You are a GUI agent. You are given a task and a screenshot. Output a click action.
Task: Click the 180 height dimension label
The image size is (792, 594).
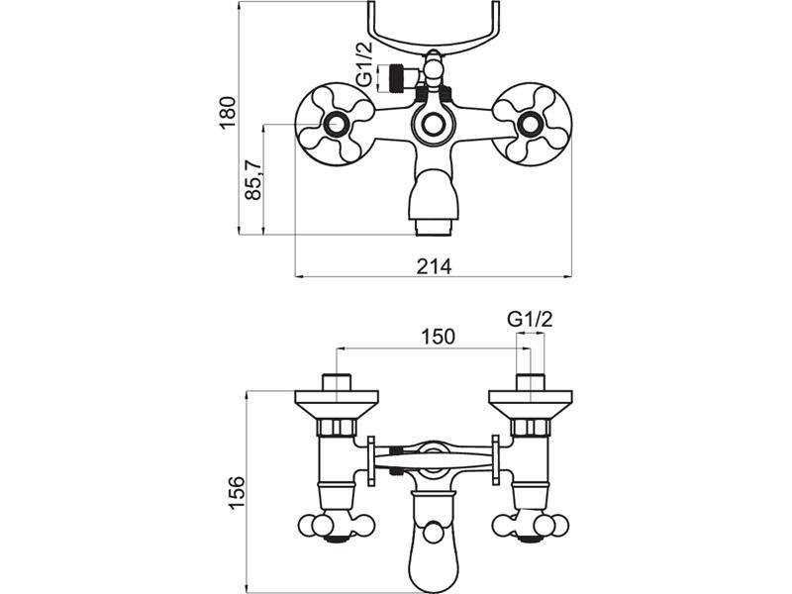(x=228, y=113)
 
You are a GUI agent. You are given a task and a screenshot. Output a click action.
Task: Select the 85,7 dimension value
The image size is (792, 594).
(x=253, y=180)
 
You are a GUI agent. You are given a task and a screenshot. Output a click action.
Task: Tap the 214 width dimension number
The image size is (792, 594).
(x=434, y=266)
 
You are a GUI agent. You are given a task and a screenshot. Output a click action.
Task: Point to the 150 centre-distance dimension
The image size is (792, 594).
(x=438, y=337)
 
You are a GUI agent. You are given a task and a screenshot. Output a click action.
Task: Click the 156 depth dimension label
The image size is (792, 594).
(x=237, y=492)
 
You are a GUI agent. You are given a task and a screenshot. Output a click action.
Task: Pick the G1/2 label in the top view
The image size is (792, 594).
(x=363, y=64)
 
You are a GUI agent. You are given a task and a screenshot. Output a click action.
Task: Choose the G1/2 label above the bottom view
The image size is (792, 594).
(x=530, y=319)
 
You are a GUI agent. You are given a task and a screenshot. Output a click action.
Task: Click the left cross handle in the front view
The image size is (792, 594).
(x=335, y=125)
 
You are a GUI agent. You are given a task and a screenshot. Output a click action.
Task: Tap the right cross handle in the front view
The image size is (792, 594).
(x=532, y=124)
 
